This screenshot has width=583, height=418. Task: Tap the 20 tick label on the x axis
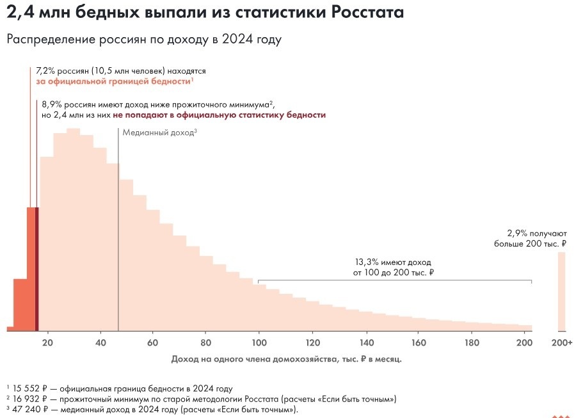(x=47, y=342)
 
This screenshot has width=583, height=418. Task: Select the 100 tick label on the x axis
(x=259, y=342)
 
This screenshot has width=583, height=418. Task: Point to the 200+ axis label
(x=561, y=342)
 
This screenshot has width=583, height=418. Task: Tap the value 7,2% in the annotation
(x=47, y=71)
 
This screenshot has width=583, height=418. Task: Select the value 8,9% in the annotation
(x=52, y=104)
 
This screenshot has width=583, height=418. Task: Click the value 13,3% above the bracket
(x=367, y=262)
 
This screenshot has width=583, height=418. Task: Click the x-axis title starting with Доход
(x=286, y=359)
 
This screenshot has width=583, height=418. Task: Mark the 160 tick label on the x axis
(x=418, y=342)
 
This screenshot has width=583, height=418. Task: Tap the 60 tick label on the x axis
(x=152, y=342)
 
